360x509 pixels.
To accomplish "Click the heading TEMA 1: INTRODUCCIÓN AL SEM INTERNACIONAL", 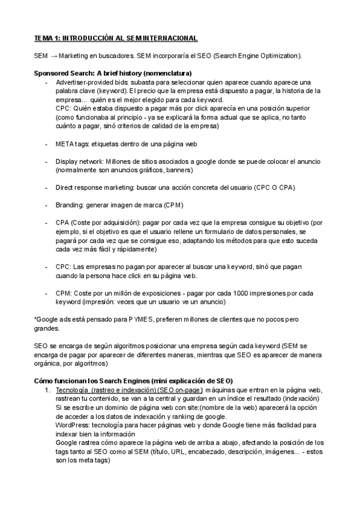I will pyautogui.click(x=115, y=38).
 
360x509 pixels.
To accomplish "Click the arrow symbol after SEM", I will pyautogui.click(x=53, y=56).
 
